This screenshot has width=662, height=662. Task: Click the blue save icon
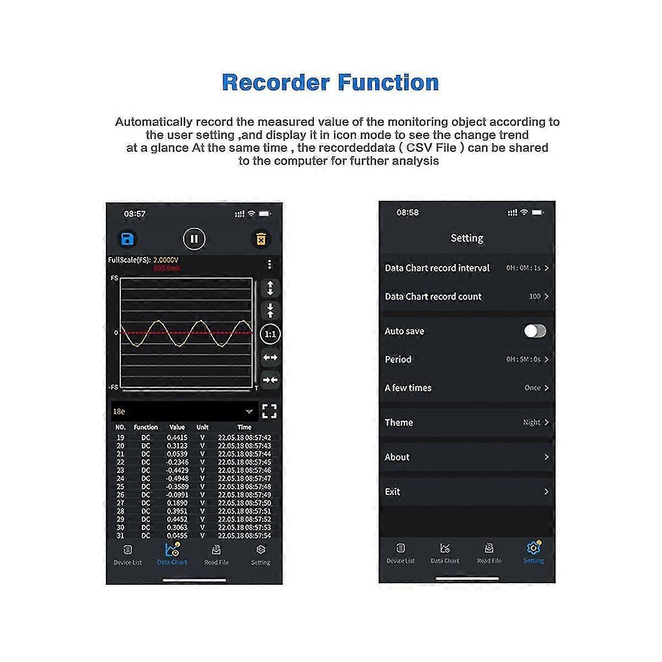click(x=127, y=239)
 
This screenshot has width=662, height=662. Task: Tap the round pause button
click(x=194, y=239)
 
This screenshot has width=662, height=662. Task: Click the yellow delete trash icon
click(x=261, y=239)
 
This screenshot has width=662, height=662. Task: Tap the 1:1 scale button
click(x=270, y=334)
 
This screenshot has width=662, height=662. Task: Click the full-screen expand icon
click(x=269, y=411)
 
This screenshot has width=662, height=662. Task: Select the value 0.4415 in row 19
click(x=177, y=437)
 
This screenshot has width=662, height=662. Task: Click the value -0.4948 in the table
click(x=177, y=478)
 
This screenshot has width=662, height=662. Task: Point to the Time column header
click(x=244, y=427)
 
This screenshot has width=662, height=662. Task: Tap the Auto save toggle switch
click(x=535, y=331)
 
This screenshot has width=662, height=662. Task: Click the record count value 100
click(x=535, y=296)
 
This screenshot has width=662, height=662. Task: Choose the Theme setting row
click(x=467, y=423)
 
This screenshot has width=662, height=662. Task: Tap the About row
click(x=467, y=457)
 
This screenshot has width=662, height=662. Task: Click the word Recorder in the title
click(x=275, y=83)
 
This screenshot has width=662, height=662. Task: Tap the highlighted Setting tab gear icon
click(x=533, y=548)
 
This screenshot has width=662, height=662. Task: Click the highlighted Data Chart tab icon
click(x=172, y=549)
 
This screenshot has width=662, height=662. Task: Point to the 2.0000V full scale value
click(x=165, y=260)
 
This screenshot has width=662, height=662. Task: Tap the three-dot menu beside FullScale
click(x=269, y=264)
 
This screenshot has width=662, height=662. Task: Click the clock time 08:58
click(x=408, y=212)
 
